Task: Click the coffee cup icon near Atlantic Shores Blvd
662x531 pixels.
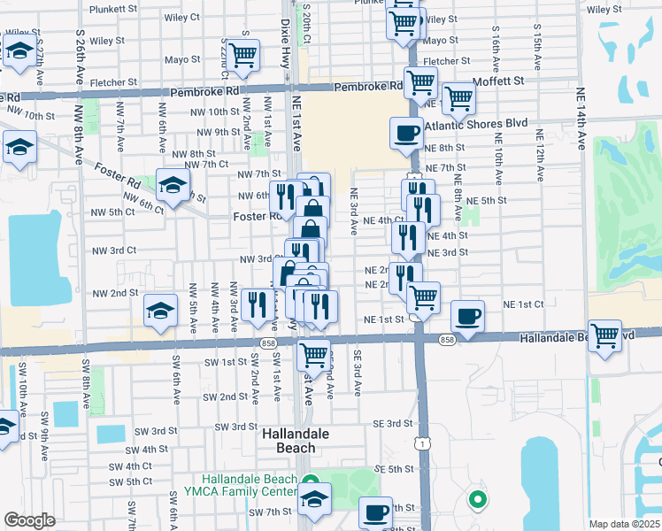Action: [406, 133]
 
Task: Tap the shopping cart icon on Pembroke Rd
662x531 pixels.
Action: [420, 83]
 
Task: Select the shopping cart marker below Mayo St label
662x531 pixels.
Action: [242, 55]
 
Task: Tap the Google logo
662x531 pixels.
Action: [29, 520]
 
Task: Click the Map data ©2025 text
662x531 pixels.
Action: [625, 524]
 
